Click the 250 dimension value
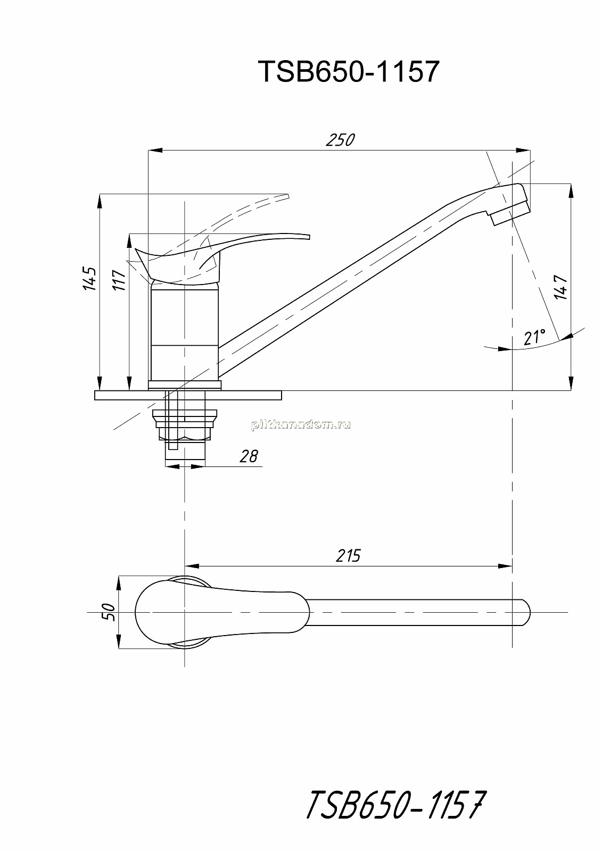pyautogui.click(x=340, y=140)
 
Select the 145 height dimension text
pyautogui.click(x=90, y=279)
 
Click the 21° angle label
pyautogui.click(x=534, y=337)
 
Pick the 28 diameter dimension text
pyautogui.click(x=249, y=456)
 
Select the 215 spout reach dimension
pyautogui.click(x=348, y=556)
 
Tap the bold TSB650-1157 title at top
pyautogui.click(x=349, y=71)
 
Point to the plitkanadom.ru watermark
pyautogui.click(x=301, y=425)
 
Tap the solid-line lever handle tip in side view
pyautogui.click(x=308, y=237)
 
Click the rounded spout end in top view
pyautogui.click(x=526, y=612)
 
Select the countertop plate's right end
pyautogui.click(x=282, y=395)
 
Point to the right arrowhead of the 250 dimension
pyautogui.click(x=524, y=151)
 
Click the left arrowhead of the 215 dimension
pyautogui.click(x=191, y=566)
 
